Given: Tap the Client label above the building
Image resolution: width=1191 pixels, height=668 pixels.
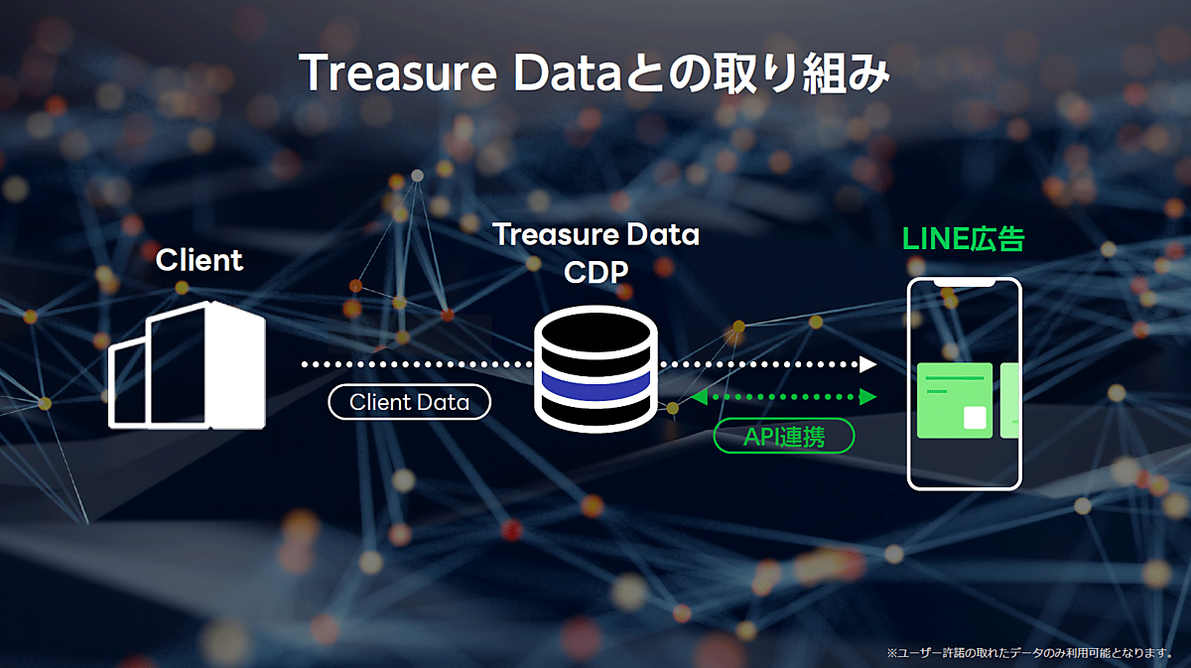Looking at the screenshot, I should [198, 260].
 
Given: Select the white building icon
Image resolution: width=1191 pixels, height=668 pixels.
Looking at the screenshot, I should [187, 364].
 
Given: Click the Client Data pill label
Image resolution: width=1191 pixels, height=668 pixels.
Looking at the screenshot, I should [409, 402].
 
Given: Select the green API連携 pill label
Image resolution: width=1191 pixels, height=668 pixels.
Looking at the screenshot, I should [783, 436].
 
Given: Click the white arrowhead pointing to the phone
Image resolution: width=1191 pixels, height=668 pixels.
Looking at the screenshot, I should [868, 364].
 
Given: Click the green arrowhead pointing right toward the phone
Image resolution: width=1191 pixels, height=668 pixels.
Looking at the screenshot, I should [869, 397].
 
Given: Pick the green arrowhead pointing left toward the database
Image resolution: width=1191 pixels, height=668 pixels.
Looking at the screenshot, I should [698, 397].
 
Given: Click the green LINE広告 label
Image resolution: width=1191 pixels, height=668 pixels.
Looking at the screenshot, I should [963, 239].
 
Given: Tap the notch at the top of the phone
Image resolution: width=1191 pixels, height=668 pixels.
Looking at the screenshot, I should [964, 282].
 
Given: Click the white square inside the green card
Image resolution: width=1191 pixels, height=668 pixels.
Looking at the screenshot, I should [975, 417].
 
